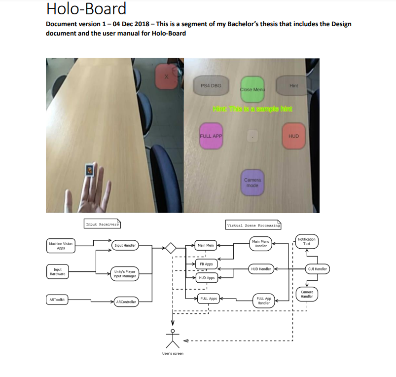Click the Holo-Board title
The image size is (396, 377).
tap(86, 9)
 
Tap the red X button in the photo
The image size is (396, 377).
tap(166, 77)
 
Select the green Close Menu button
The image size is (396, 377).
tap(252, 89)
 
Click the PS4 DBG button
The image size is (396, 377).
tap(211, 86)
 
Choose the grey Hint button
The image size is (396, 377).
tap(293, 86)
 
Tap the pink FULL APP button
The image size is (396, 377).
tap(211, 136)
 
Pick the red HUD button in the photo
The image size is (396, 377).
tap(293, 136)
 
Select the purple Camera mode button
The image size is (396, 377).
tap(252, 183)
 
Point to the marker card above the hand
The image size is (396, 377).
tap(89, 169)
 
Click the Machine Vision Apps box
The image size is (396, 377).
tap(61, 246)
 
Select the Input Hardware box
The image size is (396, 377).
tap(58, 272)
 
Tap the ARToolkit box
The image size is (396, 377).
tap(57, 299)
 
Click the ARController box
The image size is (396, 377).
tap(125, 302)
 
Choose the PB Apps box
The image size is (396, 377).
tap(206, 264)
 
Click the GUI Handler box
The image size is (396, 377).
tap(317, 269)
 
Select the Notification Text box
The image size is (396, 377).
tap(307, 241)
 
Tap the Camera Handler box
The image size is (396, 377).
tap(307, 295)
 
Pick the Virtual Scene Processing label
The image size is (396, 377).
tap(253, 226)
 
